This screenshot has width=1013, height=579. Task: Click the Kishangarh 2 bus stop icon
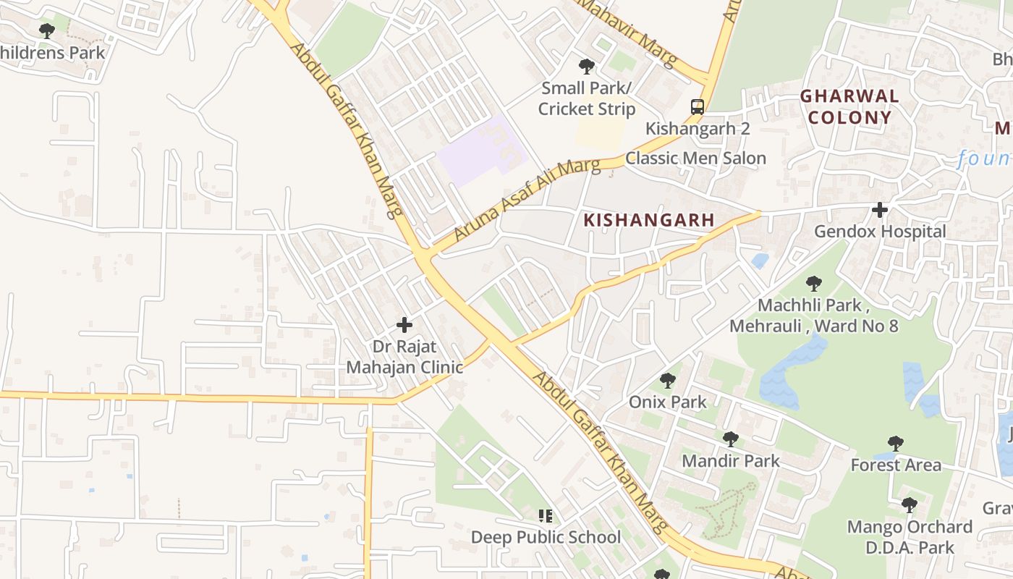[x=697, y=107]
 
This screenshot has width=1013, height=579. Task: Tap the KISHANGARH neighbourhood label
[x=649, y=220]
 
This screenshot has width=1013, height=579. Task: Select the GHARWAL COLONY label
[x=849, y=106]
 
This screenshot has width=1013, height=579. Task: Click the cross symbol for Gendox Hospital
[x=880, y=211]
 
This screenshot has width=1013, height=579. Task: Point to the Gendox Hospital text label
[x=880, y=232]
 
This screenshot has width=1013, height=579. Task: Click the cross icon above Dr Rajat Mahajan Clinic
[x=404, y=325]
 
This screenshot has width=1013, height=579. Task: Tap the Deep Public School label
[x=546, y=537]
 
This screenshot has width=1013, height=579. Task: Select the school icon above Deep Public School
[x=546, y=516]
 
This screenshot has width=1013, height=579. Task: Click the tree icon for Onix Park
[x=668, y=380]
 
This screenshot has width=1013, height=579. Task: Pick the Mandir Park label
[x=731, y=460]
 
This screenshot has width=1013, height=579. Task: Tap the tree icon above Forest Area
[x=896, y=444]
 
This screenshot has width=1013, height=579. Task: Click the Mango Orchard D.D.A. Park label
[x=910, y=537]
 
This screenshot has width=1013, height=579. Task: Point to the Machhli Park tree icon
[x=814, y=284]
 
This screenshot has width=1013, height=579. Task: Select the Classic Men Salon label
[x=695, y=158]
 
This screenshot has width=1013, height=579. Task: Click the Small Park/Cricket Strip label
[x=587, y=98]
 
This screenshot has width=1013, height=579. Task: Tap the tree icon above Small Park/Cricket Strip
[x=587, y=67]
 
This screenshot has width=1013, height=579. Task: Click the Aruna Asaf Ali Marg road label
[x=527, y=201]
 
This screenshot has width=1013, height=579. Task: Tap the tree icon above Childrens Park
[x=47, y=31]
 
